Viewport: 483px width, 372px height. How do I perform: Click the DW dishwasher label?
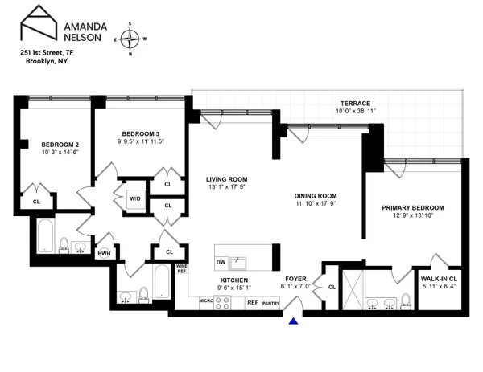[x=221, y=262]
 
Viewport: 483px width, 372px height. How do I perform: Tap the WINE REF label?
[x=181, y=268]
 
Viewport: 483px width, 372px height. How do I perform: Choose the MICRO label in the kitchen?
[x=205, y=302]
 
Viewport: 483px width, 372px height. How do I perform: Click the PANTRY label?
[x=270, y=303]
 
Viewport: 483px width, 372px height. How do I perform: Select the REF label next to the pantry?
[x=252, y=303]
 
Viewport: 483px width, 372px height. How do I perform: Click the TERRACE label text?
[x=354, y=104]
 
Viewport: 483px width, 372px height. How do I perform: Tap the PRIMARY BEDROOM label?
[x=412, y=207]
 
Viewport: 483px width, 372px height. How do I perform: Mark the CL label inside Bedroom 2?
[x=36, y=202]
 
